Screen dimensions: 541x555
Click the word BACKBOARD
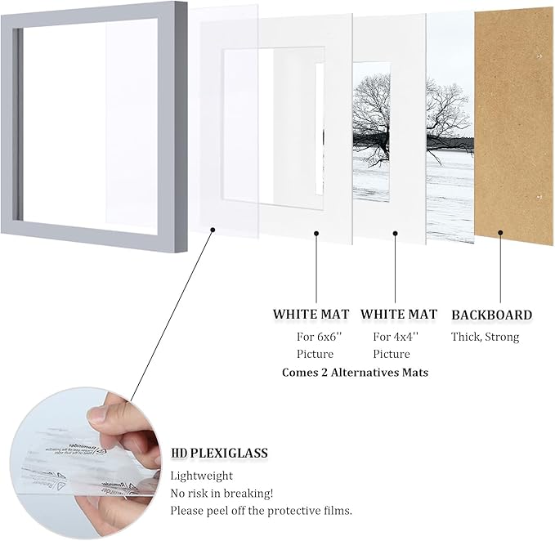[491, 315]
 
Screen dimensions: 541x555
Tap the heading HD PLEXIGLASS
[219, 453]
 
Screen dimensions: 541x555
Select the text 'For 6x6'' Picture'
[315, 345]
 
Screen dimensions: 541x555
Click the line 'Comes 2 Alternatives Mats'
[355, 372]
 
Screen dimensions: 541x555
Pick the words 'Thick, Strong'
[485, 336]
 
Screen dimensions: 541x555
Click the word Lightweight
[201, 476]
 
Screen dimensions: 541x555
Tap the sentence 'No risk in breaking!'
[222, 493]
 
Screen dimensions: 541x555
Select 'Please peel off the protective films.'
[261, 511]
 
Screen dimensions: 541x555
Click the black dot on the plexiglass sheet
[213, 230]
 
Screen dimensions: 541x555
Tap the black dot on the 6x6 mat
[315, 234]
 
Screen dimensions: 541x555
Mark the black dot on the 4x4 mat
[395, 234]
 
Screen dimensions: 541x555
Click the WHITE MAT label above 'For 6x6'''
[311, 315]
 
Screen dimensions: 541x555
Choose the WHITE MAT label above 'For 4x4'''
[399, 315]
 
